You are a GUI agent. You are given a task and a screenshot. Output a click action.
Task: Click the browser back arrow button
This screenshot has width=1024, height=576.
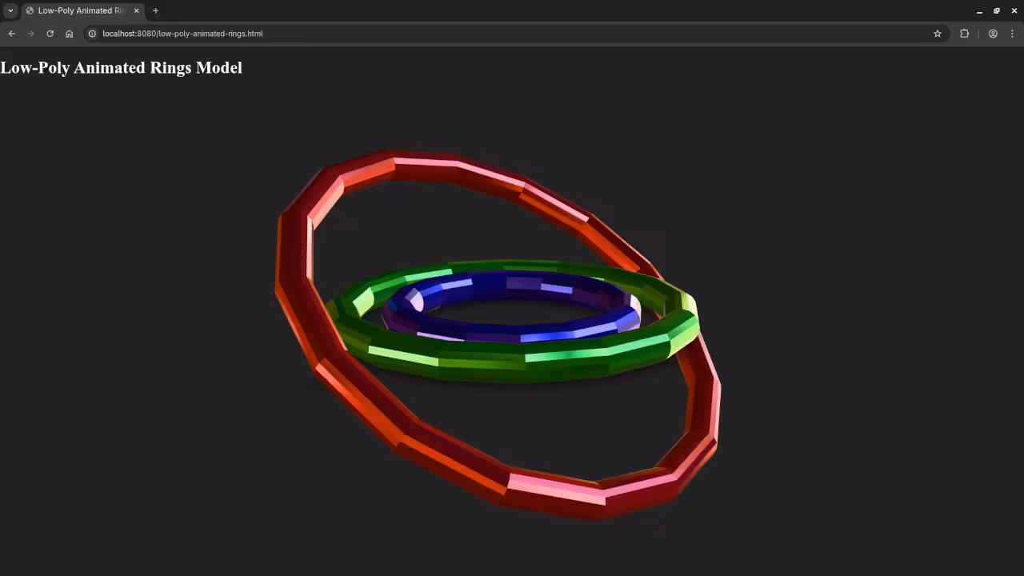tap(11, 34)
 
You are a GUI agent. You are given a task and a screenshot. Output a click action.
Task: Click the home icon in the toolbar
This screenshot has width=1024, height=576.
tap(70, 34)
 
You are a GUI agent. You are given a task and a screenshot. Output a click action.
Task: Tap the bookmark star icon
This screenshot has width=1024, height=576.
tap(938, 34)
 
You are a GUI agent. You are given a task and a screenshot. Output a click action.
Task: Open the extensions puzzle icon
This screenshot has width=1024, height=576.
tap(964, 34)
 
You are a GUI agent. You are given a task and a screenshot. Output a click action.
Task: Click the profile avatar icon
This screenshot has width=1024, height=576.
tap(993, 34)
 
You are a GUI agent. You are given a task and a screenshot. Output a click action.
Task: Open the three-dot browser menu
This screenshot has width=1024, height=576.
tap(1012, 34)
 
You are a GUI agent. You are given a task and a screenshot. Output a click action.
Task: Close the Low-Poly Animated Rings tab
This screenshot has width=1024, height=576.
tap(137, 10)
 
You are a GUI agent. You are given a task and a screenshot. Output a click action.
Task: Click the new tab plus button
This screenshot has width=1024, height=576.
tap(155, 10)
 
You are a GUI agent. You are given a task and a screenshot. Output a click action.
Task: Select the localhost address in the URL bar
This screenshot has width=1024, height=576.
tap(182, 34)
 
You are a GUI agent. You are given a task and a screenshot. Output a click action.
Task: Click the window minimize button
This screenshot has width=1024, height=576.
tap(979, 10)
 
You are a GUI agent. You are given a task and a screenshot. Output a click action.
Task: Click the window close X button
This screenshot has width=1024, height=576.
tap(1014, 10)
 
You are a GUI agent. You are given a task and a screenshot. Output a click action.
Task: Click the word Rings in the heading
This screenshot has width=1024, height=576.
tap(170, 68)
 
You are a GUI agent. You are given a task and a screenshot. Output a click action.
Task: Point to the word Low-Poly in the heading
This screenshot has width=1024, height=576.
tap(34, 68)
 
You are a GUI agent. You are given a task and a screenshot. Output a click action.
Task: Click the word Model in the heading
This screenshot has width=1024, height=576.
tap(218, 68)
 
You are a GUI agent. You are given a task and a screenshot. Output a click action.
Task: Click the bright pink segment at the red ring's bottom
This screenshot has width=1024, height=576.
tap(555, 488)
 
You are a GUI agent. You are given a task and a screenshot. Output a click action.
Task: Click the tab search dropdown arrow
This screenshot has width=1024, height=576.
tap(10, 10)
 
